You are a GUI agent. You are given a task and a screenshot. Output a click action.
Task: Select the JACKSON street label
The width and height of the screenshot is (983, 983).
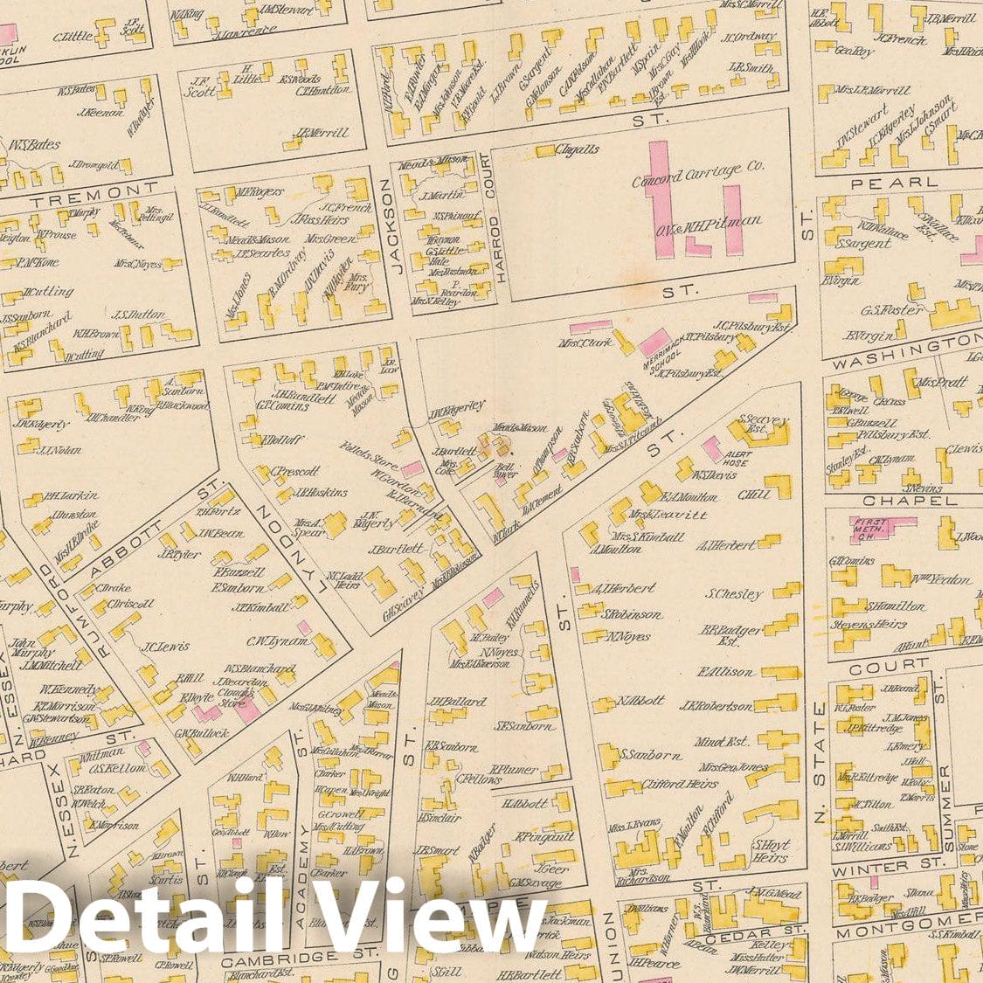(391, 226)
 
